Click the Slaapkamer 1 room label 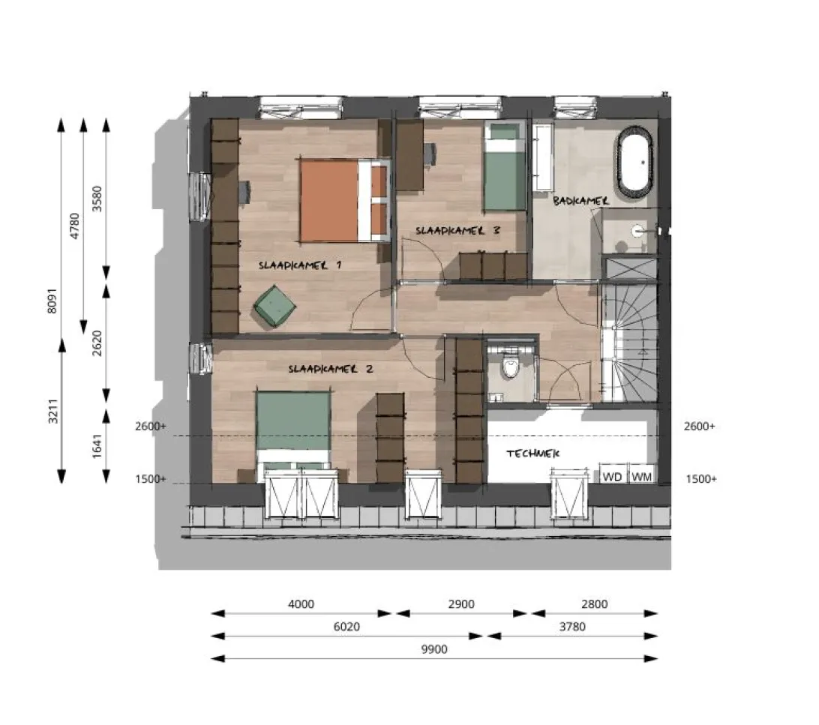click(300, 265)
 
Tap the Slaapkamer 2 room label click(331, 369)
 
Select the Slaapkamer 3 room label click(458, 231)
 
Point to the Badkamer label click(580, 200)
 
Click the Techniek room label click(532, 454)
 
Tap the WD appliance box click(612, 475)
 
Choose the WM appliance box click(641, 475)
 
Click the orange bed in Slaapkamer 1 click(345, 201)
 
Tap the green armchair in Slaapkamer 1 click(274, 307)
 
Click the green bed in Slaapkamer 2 click(293, 436)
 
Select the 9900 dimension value click(434, 649)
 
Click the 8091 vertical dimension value click(52, 301)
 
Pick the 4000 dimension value click(301, 604)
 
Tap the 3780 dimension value click(572, 627)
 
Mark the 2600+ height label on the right click(700, 427)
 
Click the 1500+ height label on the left click(151, 479)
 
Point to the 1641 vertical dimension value click(97, 446)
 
